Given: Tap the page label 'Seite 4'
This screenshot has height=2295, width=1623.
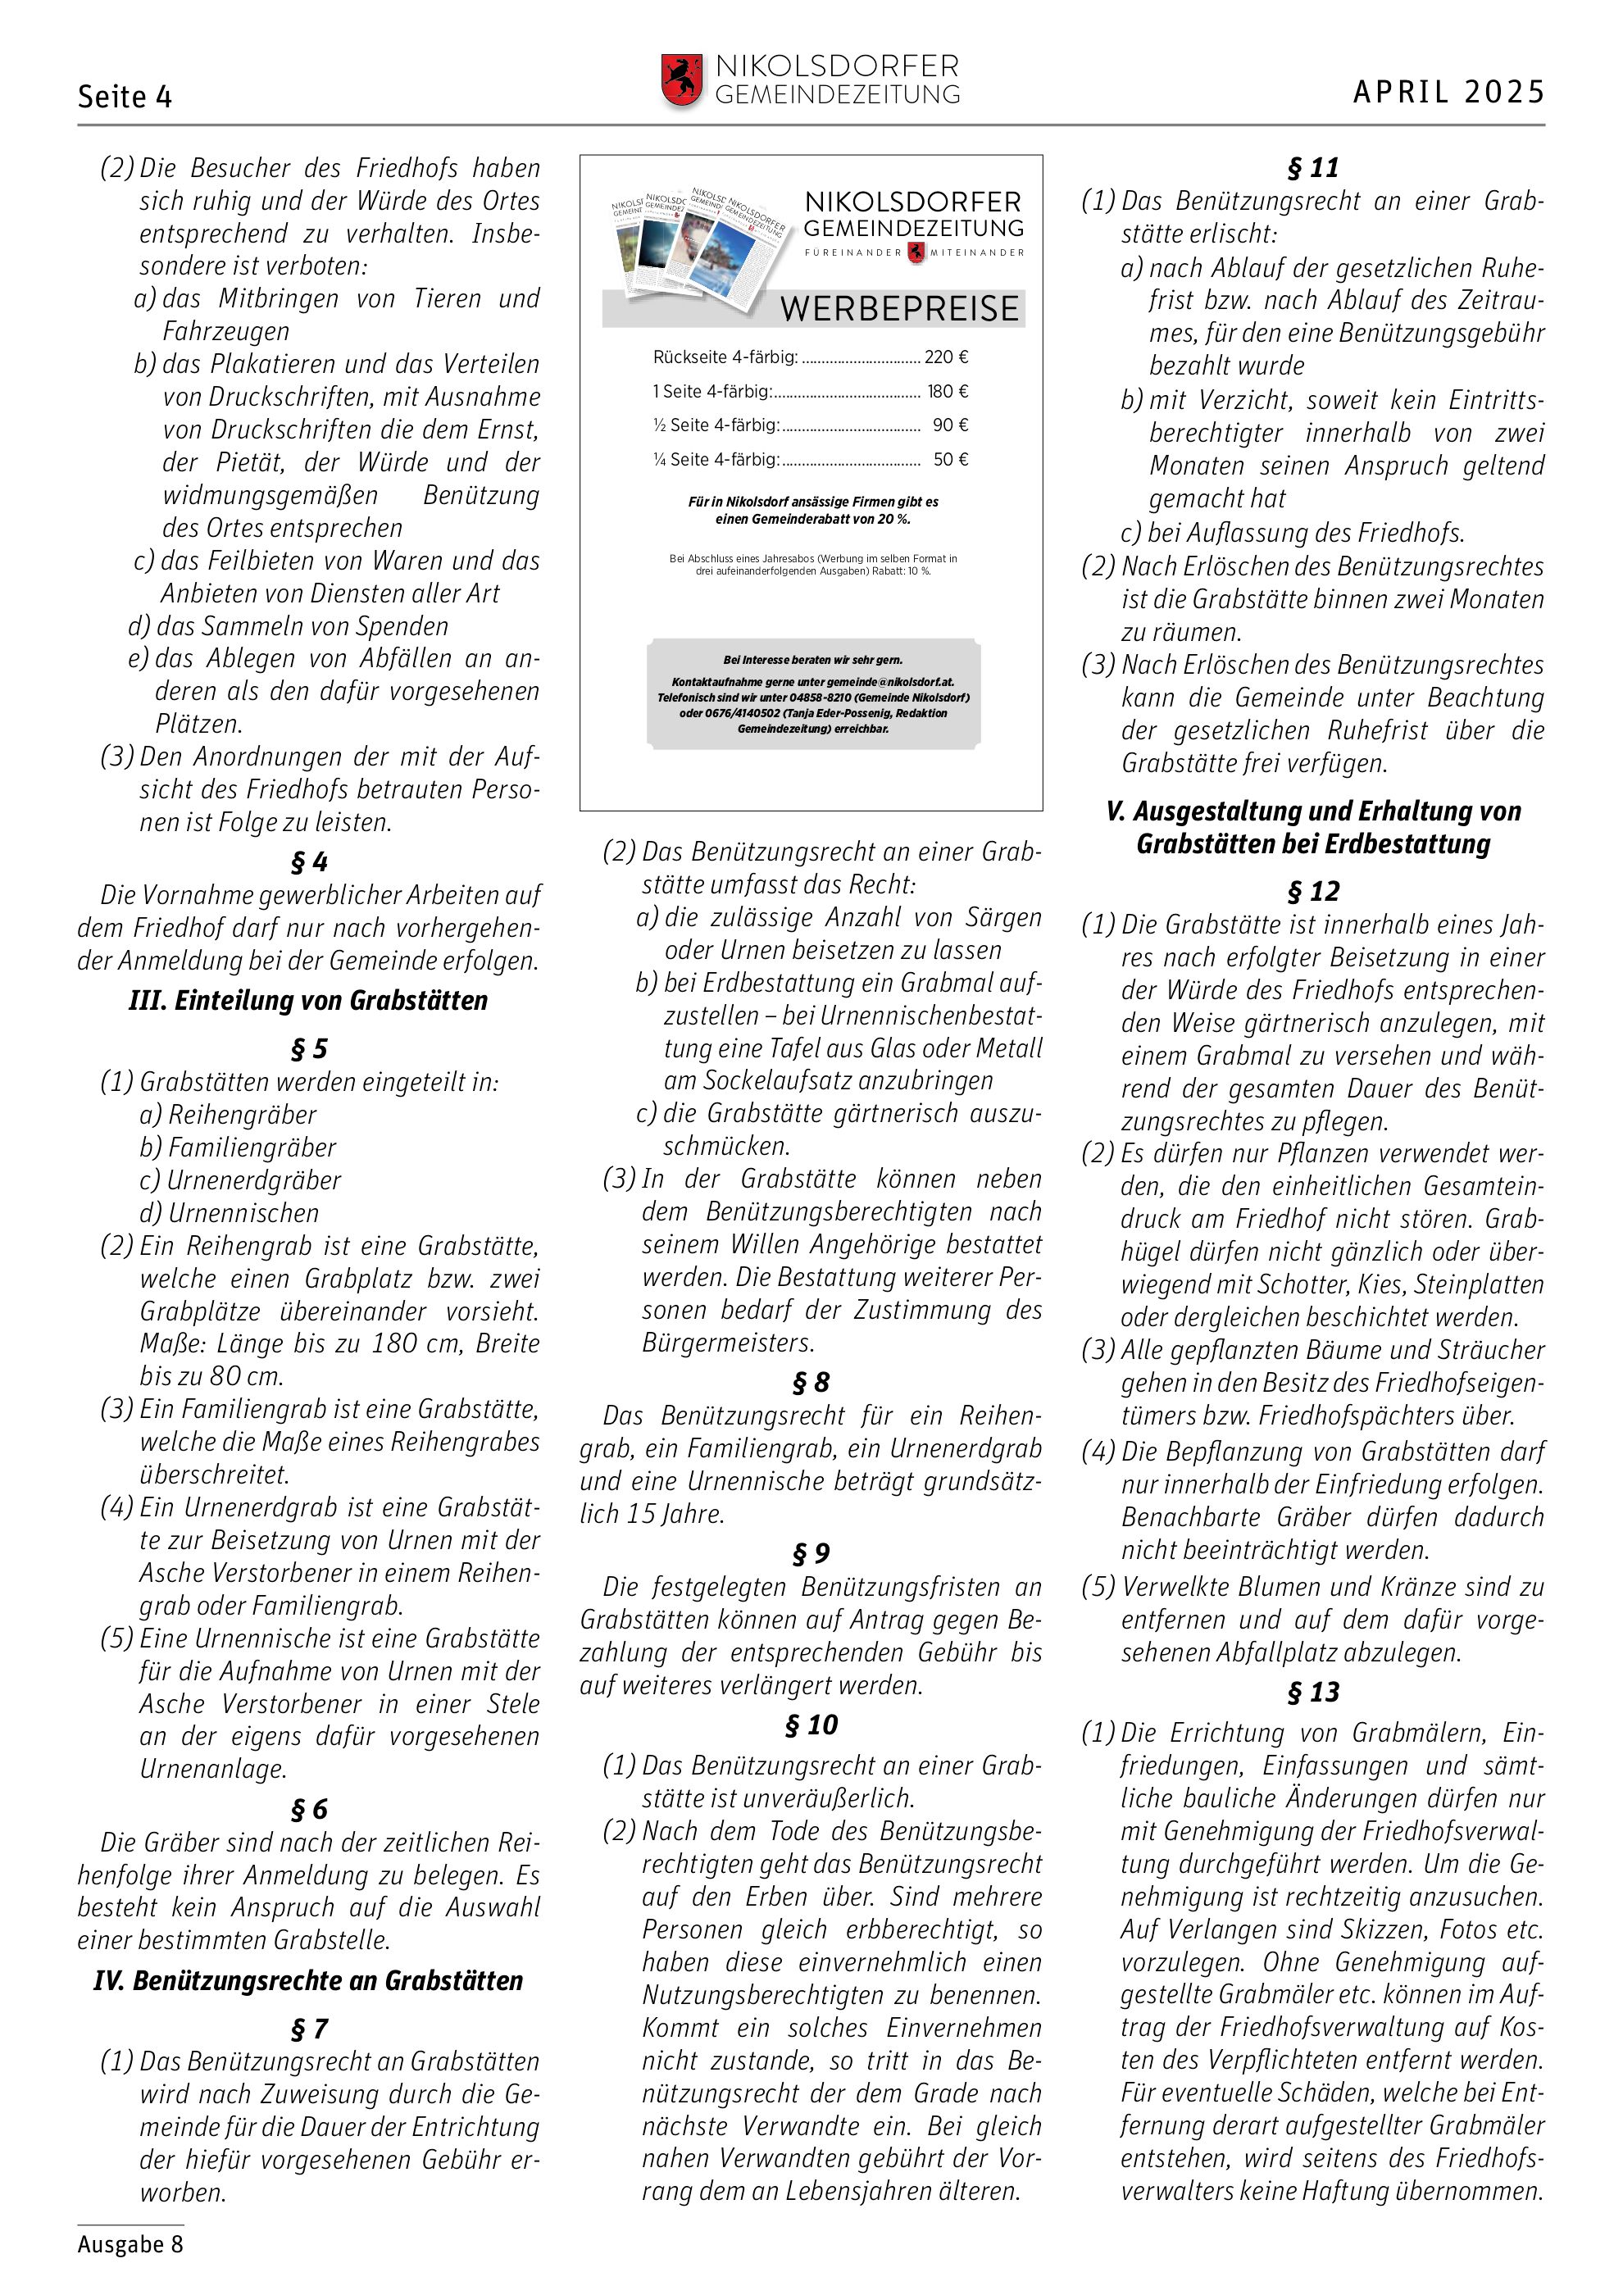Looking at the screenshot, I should click(x=125, y=97).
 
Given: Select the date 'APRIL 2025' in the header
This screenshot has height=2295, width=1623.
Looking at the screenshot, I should click(x=1448, y=92).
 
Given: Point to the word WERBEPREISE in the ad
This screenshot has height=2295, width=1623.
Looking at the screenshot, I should click(x=899, y=309).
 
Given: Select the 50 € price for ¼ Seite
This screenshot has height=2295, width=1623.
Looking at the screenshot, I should click(x=950, y=460).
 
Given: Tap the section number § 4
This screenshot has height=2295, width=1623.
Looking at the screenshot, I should click(x=309, y=861).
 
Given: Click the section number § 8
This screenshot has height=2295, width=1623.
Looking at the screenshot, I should click(x=811, y=1383).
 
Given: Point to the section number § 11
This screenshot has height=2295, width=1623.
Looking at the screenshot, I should click(x=1312, y=168).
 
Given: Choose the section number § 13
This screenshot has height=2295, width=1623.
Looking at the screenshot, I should click(x=1312, y=1693).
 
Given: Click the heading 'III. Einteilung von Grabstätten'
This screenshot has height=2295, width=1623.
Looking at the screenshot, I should click(x=308, y=1001).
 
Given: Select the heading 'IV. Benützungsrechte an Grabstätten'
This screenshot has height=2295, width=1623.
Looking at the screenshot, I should click(x=308, y=1980).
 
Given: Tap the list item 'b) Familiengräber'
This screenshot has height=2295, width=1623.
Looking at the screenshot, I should click(x=238, y=1147).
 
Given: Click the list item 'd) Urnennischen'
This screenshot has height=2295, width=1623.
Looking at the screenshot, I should click(x=229, y=1213).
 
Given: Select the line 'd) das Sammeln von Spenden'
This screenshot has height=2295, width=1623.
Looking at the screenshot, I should click(x=288, y=627).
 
